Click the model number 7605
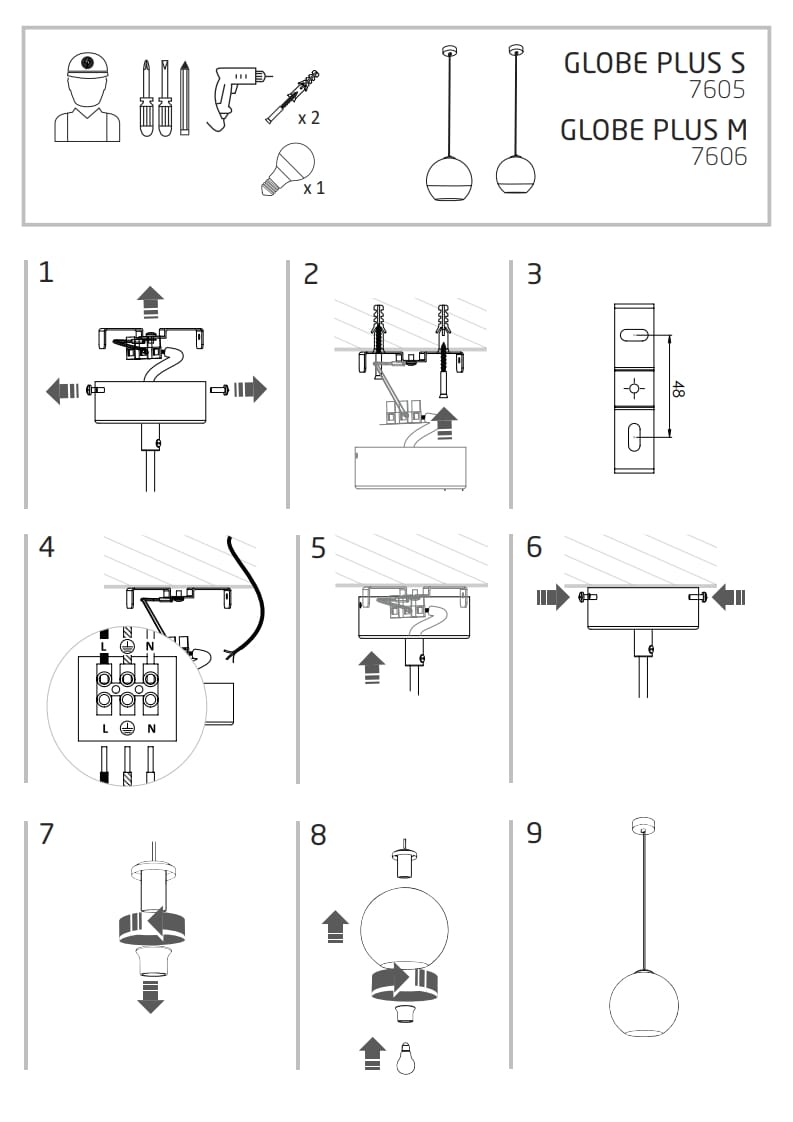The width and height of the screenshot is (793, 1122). pos(717,90)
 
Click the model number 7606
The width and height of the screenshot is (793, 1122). pos(719,156)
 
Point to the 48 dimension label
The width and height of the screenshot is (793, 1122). pos(678,390)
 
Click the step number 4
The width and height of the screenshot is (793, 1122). pos(46,547)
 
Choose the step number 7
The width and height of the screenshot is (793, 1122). pos(46,833)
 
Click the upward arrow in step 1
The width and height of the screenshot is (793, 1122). pos(150,299)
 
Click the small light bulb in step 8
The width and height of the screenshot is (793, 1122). pos(405,1056)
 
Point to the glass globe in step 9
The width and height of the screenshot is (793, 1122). pos(643,1004)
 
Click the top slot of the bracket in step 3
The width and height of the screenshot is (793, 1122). pos(634,334)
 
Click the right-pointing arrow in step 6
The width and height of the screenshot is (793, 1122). pos(552,598)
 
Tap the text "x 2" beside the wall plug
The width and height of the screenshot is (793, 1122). pos(309,118)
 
